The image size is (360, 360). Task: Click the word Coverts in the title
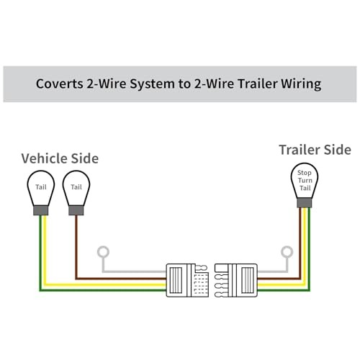[x=59, y=84]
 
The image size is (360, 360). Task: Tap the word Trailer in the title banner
[x=258, y=84]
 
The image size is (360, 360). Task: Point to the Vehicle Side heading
[x=60, y=158]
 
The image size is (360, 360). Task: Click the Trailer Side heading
[x=315, y=150]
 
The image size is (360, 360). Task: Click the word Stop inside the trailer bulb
[x=305, y=173]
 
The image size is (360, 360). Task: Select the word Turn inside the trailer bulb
[x=305, y=180]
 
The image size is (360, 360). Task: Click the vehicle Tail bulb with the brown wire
[x=76, y=192]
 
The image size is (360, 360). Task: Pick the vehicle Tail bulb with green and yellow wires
[x=41, y=192]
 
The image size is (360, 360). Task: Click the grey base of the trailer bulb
[x=305, y=203]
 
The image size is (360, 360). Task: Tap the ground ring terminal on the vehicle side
[x=103, y=252]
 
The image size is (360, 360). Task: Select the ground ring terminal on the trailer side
[x=287, y=252]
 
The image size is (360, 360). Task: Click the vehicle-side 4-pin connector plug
[x=187, y=280]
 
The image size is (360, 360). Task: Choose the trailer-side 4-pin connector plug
[x=236, y=280]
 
